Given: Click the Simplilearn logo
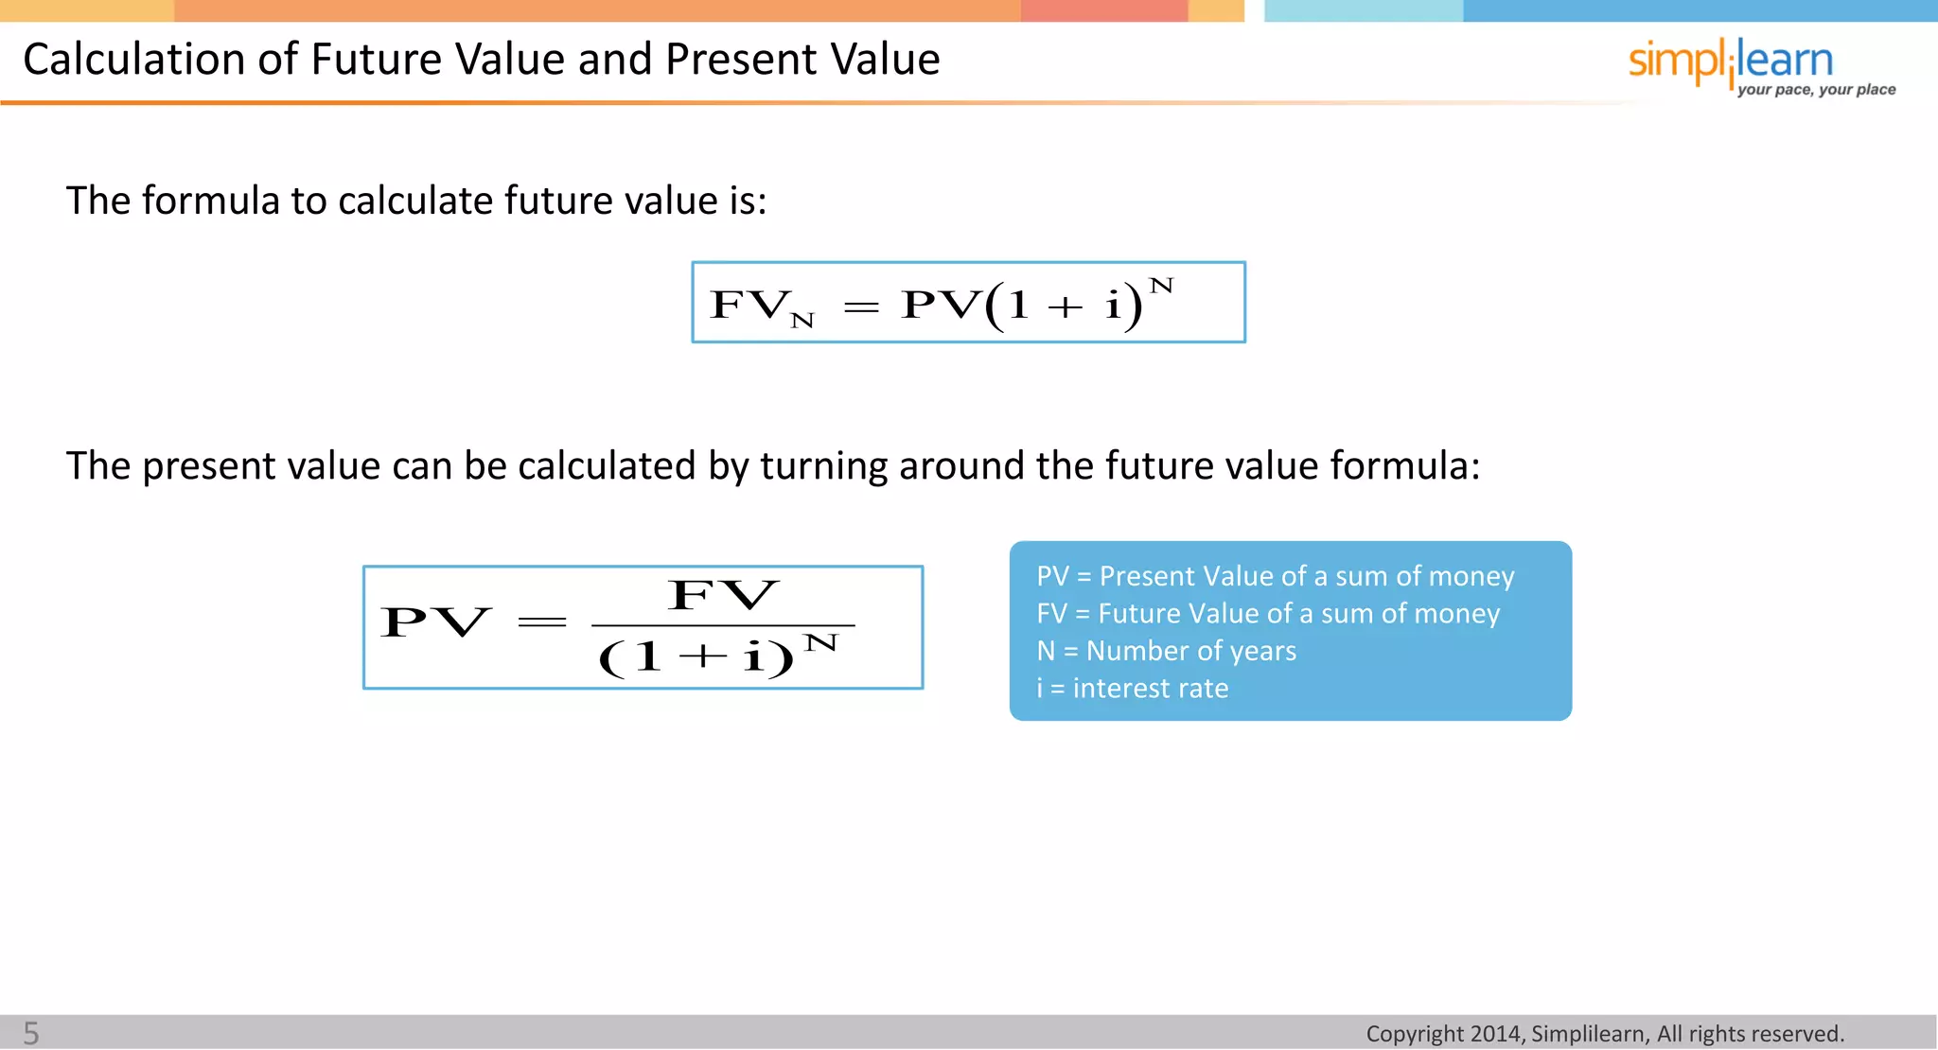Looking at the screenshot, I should pyautogui.click(x=1730, y=61).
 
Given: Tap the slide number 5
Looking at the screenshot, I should pyautogui.click(x=31, y=1033).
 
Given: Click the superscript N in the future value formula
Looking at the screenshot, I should pyautogui.click(x=1161, y=286).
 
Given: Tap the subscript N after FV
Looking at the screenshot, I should pyautogui.click(x=802, y=321).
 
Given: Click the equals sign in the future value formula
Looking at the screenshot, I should pyautogui.click(x=861, y=306).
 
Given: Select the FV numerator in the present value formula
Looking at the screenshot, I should pyautogui.click(x=723, y=596).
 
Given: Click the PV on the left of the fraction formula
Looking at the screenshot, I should pyautogui.click(x=435, y=622).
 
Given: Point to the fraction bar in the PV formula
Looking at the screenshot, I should pyautogui.click(x=723, y=625).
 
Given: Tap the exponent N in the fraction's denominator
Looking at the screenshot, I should pyautogui.click(x=820, y=644).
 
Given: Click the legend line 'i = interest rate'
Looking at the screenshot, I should pyautogui.click(x=1132, y=688).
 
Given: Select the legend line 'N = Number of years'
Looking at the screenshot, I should pyautogui.click(x=1166, y=651).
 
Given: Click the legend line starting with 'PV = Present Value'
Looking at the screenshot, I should pyautogui.click(x=1275, y=576).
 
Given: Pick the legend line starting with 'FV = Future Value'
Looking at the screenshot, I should pyautogui.click(x=1268, y=614).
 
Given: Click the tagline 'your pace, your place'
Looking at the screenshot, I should pyautogui.click(x=1816, y=90).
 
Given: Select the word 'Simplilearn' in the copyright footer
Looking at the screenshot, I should pyautogui.click(x=1588, y=1034).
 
